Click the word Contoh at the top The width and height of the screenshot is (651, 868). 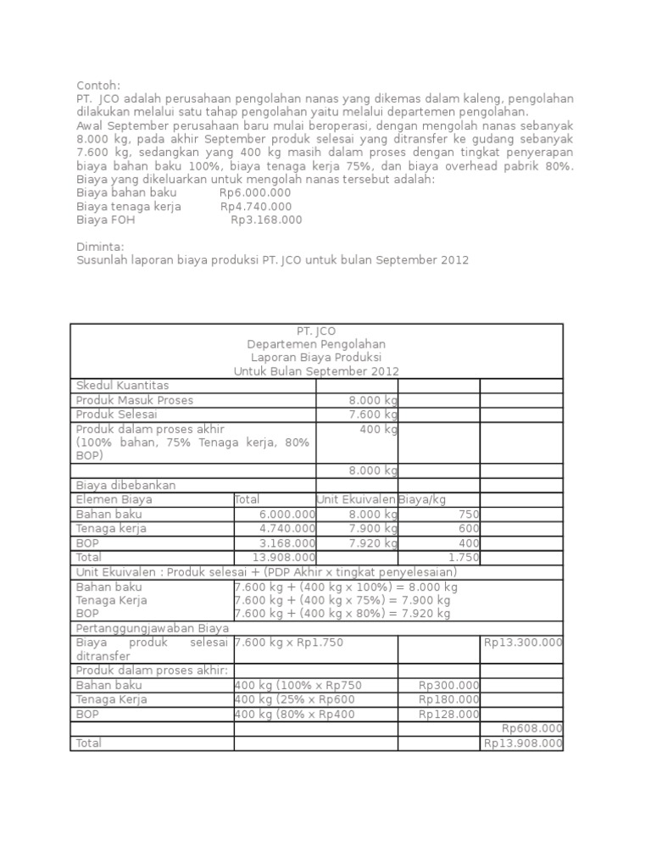coord(98,86)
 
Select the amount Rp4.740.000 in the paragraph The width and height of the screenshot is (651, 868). coord(256,206)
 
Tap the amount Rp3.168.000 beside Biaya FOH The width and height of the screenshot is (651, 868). coord(266,220)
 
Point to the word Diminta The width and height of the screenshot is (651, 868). coord(100,247)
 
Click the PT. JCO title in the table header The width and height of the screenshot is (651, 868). coord(316,331)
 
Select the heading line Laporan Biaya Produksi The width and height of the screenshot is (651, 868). coord(316,358)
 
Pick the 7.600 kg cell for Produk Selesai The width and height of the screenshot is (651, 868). coord(373,414)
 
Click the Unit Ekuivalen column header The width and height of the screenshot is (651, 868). coord(357,499)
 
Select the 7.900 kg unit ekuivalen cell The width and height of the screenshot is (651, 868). coord(373,529)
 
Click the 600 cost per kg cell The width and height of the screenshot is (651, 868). coord(469,529)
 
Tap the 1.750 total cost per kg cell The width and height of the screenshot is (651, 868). coord(464,557)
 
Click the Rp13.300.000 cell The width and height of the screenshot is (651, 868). coord(523,643)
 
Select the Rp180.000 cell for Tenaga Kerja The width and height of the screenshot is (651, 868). coord(449,699)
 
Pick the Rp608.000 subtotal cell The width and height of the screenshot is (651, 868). coord(532,728)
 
